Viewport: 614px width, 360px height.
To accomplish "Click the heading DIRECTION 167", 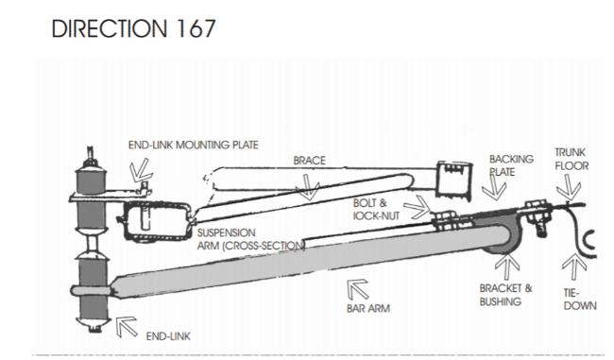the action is pyautogui.click(x=133, y=28).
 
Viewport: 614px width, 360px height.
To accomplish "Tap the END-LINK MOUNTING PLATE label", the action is pyautogui.click(x=193, y=145).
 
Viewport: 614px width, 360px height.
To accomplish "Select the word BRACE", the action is pyautogui.click(x=309, y=161).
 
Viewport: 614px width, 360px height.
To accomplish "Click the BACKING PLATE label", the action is pyautogui.click(x=511, y=165).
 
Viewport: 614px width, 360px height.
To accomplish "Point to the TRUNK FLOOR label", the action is pyautogui.click(x=571, y=159).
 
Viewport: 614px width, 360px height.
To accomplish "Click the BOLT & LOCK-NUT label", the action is pyautogui.click(x=376, y=210).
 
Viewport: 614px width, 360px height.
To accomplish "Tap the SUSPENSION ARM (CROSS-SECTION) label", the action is pyautogui.click(x=251, y=239).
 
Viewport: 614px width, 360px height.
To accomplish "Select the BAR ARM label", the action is pyautogui.click(x=368, y=309).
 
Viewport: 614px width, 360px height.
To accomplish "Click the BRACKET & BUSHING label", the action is pyautogui.click(x=506, y=295).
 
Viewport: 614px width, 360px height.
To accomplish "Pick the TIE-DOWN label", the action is pyautogui.click(x=580, y=300).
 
